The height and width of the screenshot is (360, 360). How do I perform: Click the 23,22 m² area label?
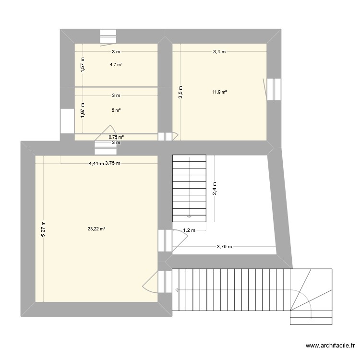click(x=96, y=229)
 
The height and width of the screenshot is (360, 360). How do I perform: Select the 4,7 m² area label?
click(x=116, y=64)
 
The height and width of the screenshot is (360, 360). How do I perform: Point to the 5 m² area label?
click(x=116, y=110)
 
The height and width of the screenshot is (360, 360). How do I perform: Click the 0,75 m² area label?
click(x=116, y=137)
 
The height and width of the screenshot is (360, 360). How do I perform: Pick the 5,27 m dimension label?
click(x=43, y=228)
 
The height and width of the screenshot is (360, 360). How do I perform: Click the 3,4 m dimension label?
click(x=219, y=51)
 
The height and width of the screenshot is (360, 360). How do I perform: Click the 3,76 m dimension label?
click(x=224, y=247)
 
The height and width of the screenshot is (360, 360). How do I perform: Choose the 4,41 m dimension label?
click(x=96, y=163)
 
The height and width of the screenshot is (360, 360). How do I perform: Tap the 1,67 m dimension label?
click(x=83, y=110)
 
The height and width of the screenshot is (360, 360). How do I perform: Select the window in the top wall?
click(x=108, y=36)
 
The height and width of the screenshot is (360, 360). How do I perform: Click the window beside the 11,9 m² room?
click(x=274, y=89)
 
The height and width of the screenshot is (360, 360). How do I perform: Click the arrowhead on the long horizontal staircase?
click(x=177, y=290)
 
